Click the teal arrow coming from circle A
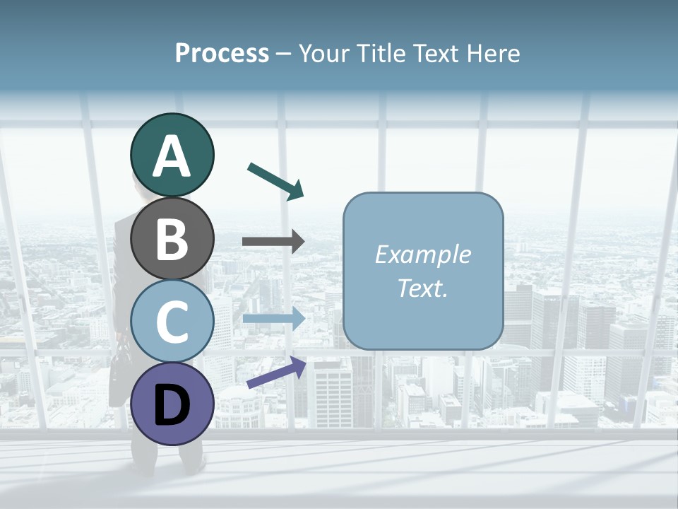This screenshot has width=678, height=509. click(x=275, y=180)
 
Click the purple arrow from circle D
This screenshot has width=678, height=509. click(x=276, y=373)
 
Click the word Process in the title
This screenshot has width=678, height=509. click(x=222, y=53)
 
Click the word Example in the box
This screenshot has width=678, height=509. click(x=422, y=255)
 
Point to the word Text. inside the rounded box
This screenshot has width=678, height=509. click(x=422, y=288)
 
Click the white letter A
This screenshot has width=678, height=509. click(x=172, y=156)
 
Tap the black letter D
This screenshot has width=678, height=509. click(x=172, y=404)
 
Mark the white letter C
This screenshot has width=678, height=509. click(x=172, y=322)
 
